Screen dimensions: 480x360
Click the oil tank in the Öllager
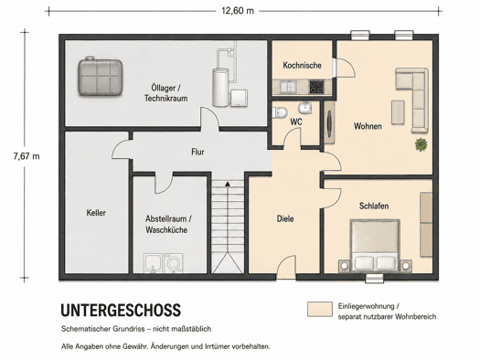[x=100, y=76]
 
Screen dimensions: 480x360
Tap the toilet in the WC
[x=280, y=111]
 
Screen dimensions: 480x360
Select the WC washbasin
[x=304, y=107]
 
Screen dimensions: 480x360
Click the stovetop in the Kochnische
[x=316, y=86]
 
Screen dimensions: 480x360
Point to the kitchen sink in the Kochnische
[x=288, y=86]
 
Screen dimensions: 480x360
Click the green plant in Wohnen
[x=421, y=144]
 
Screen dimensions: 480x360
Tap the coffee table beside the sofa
[x=398, y=112]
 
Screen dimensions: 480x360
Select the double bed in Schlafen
[x=375, y=245]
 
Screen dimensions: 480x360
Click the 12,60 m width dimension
[x=238, y=11]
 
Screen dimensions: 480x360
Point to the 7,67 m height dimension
[x=27, y=156]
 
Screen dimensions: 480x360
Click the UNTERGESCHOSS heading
[x=121, y=310]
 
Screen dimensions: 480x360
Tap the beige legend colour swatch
[x=320, y=309]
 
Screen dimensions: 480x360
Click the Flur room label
[x=197, y=152]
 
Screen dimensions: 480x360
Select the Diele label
[x=285, y=218]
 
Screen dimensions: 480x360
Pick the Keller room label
[x=96, y=213]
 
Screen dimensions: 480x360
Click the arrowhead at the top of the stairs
[x=228, y=184]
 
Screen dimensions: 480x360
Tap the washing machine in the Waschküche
[x=174, y=263]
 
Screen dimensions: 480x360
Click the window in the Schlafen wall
[x=374, y=278]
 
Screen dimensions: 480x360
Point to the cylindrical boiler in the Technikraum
[x=220, y=88]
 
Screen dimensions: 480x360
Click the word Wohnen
[x=368, y=126]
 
